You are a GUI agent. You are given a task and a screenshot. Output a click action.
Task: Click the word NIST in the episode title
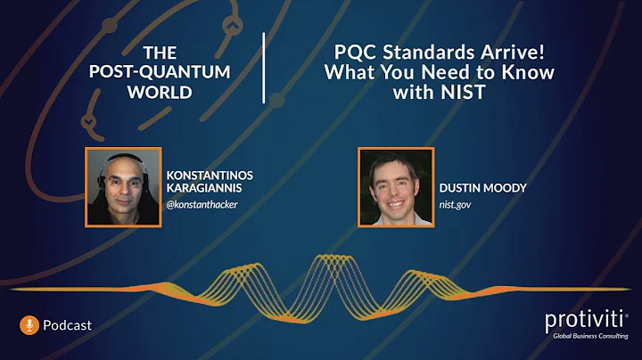coord(477,91)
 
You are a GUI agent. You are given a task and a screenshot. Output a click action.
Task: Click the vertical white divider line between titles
coord(264,69)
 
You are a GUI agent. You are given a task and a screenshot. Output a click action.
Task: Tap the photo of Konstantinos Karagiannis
coord(122,186)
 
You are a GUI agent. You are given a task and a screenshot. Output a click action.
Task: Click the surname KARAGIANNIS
coord(204,188)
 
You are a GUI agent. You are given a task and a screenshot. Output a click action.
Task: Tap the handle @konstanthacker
coord(203,204)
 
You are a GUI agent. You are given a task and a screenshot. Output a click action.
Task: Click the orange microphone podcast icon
coord(29,325)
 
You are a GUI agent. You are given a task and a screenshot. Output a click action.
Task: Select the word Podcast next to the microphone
coord(67,325)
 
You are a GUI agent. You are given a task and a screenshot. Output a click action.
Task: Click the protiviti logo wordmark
coord(584,321)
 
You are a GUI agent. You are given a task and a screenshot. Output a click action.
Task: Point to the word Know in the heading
coord(528,72)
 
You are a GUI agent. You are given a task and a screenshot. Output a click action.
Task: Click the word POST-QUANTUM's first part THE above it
coord(160,53)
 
